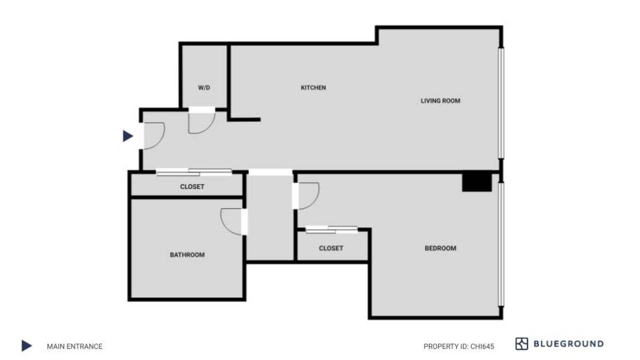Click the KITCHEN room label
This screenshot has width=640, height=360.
[313, 88]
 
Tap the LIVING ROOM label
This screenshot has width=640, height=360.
[440, 101]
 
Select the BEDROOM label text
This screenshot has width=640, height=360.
[440, 248]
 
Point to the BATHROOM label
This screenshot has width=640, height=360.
[187, 255]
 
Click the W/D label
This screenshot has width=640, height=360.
[204, 88]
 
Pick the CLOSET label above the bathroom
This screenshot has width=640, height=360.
[192, 187]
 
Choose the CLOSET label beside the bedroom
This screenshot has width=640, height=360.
[331, 248]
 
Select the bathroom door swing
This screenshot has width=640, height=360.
[232, 221]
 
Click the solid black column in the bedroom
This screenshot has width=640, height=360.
[477, 182]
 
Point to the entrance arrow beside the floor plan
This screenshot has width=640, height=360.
[128, 136]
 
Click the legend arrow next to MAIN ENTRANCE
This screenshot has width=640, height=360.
[27, 346]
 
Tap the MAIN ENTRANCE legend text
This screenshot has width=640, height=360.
[75, 346]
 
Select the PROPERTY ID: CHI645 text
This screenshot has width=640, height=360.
[459, 346]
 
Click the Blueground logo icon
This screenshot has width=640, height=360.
[521, 344]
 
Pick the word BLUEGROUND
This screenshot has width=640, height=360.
[568, 344]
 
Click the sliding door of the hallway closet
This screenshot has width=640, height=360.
[194, 172]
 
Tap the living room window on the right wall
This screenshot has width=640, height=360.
[501, 103]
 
